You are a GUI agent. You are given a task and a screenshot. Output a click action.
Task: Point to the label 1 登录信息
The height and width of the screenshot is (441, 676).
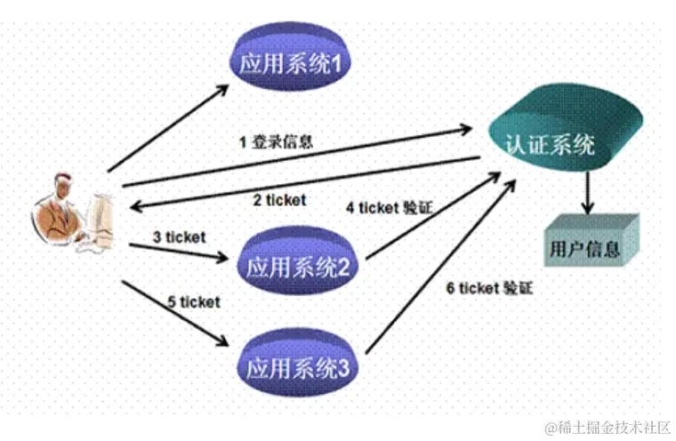pos(275,140)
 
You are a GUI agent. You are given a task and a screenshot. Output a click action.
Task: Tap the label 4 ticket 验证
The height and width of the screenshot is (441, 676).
pos(389,208)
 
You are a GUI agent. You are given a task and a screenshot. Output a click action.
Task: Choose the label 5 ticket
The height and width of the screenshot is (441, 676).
pos(193,301)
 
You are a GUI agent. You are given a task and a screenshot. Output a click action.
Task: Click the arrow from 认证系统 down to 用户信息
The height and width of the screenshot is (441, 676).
pos(588,191)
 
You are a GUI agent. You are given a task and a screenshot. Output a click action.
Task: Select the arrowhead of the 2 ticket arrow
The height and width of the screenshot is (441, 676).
pos(132,205)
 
